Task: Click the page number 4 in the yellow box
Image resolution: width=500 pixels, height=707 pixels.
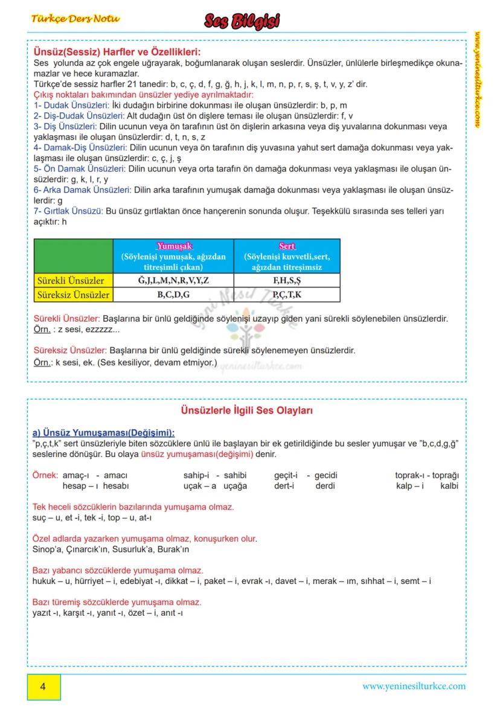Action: click(43, 686)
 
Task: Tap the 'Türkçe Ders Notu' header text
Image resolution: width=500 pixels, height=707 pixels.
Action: click(75, 19)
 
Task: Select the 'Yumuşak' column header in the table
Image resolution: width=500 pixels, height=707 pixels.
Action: click(174, 246)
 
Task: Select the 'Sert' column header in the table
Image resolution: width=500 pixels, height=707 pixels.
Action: click(287, 246)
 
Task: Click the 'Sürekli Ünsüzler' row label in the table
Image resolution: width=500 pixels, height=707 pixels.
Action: click(71, 281)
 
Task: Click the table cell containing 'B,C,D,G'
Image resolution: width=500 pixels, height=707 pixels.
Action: click(173, 295)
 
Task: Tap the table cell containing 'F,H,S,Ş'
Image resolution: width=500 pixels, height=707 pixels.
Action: click(287, 281)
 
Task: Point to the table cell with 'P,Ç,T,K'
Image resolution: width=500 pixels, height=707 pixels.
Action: click(287, 295)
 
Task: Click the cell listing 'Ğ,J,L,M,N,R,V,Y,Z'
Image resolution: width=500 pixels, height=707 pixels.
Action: click(173, 281)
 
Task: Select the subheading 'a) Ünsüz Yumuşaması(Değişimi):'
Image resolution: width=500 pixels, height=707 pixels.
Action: click(104, 433)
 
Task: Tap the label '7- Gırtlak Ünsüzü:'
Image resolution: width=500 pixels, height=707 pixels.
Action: click(68, 211)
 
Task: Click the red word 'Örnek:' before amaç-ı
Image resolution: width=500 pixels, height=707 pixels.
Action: click(45, 475)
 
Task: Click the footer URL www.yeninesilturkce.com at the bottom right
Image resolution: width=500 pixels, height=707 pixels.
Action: click(414, 686)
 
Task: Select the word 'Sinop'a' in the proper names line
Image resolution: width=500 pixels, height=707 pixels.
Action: click(46, 549)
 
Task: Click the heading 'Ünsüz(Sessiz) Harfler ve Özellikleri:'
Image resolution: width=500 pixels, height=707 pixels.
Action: click(117, 53)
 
